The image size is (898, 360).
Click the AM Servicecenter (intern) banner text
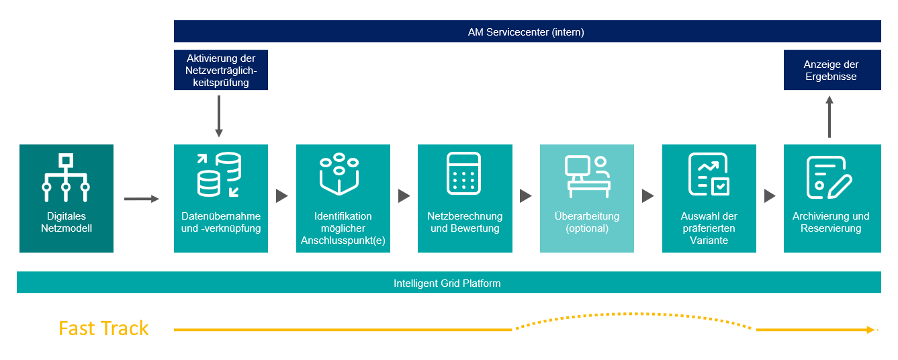[x=526, y=32]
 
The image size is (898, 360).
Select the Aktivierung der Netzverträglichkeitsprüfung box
[x=220, y=70]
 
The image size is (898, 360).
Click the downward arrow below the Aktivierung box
[x=219, y=116]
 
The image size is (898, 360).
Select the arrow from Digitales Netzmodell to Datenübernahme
[x=142, y=198]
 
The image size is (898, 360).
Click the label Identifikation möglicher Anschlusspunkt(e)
[x=343, y=228]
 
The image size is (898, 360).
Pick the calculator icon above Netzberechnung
[x=464, y=174]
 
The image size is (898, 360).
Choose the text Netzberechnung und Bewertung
[x=465, y=222]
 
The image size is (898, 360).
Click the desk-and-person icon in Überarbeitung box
[x=586, y=176]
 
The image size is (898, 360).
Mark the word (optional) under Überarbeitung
[x=586, y=228]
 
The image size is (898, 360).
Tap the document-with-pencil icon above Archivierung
[x=829, y=176]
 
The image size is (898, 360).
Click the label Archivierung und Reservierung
[x=831, y=222]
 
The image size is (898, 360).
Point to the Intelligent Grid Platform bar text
[x=447, y=283]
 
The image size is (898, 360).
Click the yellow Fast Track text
[x=103, y=328]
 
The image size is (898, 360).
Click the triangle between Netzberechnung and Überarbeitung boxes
[x=526, y=196]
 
